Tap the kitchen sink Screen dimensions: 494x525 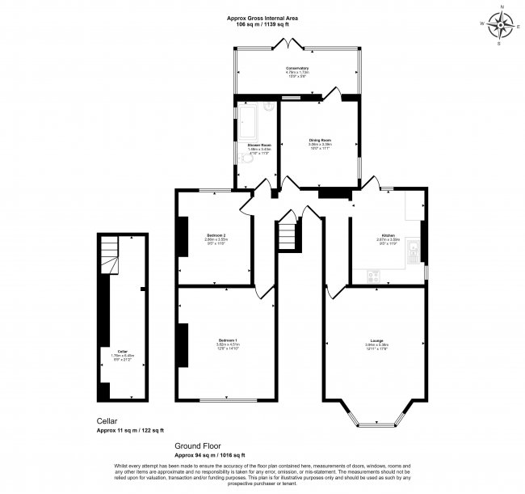pyautogui.click(x=413, y=246)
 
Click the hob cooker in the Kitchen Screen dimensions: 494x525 pyautogui.click(x=374, y=276)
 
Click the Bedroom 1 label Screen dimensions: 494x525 pyautogui.click(x=229, y=342)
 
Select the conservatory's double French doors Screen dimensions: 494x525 pyautogui.click(x=284, y=44)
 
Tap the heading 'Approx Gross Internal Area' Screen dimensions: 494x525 pyautogui.click(x=262, y=16)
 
